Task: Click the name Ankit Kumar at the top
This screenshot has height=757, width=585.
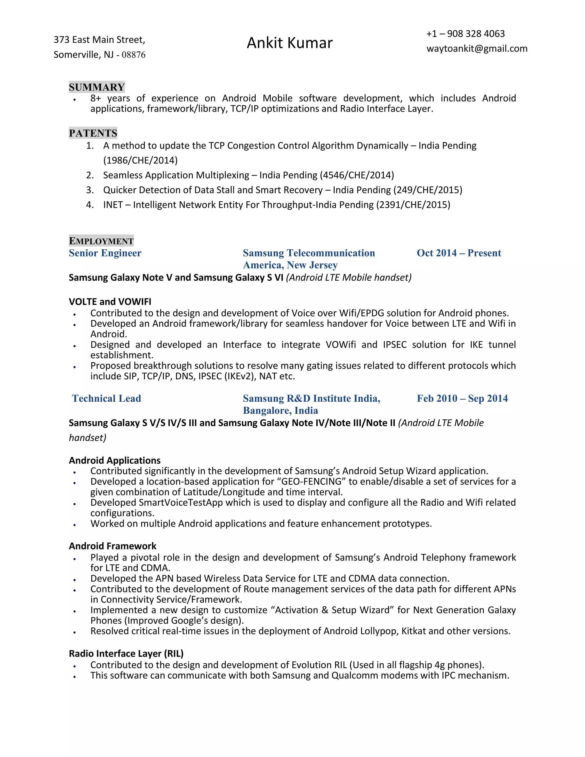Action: [x=289, y=43]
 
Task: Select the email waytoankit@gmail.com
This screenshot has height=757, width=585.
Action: [x=477, y=49]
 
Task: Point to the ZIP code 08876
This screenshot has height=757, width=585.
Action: [x=133, y=55]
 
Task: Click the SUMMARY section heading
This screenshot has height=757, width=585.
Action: [x=97, y=87]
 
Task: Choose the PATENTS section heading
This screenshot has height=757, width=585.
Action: [x=93, y=133]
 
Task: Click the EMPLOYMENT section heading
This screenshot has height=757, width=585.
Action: [x=101, y=241]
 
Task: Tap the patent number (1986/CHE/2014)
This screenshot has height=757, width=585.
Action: [x=140, y=160]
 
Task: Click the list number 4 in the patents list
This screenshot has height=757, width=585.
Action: [x=90, y=205]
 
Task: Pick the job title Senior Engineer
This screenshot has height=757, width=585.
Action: [x=105, y=253]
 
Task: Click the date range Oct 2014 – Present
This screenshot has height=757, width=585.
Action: [x=458, y=253]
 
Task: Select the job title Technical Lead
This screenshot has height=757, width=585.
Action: [x=106, y=398]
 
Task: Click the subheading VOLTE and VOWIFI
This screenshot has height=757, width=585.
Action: [x=110, y=302]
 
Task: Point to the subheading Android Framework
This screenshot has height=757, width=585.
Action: [x=112, y=546]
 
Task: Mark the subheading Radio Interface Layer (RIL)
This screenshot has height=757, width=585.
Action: [x=126, y=654]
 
